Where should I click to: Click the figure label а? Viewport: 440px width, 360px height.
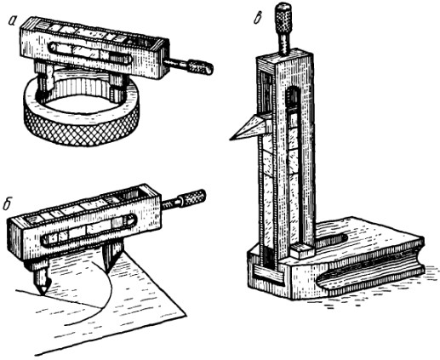pyautogui.click(x=12, y=20)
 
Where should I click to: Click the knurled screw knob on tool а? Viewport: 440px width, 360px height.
pyautogui.click(x=200, y=67)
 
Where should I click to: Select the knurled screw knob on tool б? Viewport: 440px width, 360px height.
pyautogui.click(x=195, y=197)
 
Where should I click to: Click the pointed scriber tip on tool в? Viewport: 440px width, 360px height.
pyautogui.click(x=231, y=139)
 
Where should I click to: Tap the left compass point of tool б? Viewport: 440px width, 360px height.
pyautogui.click(x=41, y=292)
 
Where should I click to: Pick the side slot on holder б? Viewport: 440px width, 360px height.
pyautogui.click(x=89, y=231)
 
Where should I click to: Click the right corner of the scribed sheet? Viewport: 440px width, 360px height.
pyautogui.click(x=186, y=315)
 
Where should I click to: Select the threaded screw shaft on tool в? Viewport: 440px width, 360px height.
pyautogui.click(x=284, y=44)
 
